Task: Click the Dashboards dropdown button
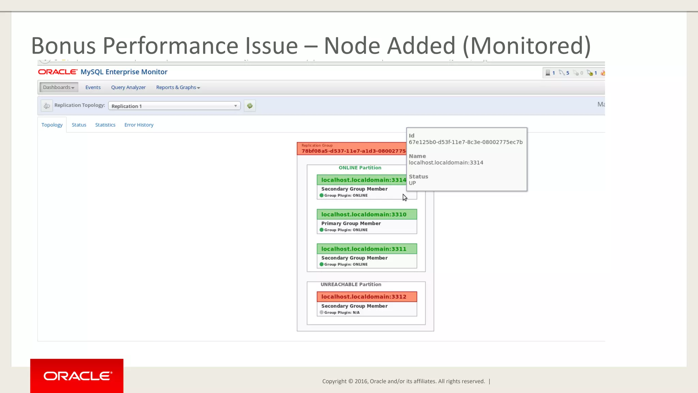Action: pyautogui.click(x=59, y=87)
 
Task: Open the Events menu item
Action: pyautogui.click(x=93, y=87)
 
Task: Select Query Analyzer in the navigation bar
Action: pyautogui.click(x=128, y=87)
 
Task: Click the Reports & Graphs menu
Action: pyautogui.click(x=178, y=87)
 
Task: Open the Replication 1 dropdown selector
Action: pyautogui.click(x=174, y=106)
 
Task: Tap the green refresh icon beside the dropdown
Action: pyautogui.click(x=250, y=106)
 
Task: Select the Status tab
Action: pyautogui.click(x=79, y=125)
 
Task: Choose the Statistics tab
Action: pyautogui.click(x=105, y=125)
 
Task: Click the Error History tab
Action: pyautogui.click(x=139, y=125)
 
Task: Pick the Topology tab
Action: pyautogui.click(x=52, y=125)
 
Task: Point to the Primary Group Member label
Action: pyautogui.click(x=351, y=223)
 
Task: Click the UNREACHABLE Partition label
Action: pyautogui.click(x=351, y=285)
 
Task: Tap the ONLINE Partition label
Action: pyautogui.click(x=360, y=168)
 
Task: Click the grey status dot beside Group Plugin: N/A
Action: pyautogui.click(x=321, y=312)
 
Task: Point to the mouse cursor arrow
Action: pyautogui.click(x=405, y=198)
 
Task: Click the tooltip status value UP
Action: pyautogui.click(x=412, y=183)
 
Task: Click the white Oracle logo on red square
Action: pyautogui.click(x=77, y=376)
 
